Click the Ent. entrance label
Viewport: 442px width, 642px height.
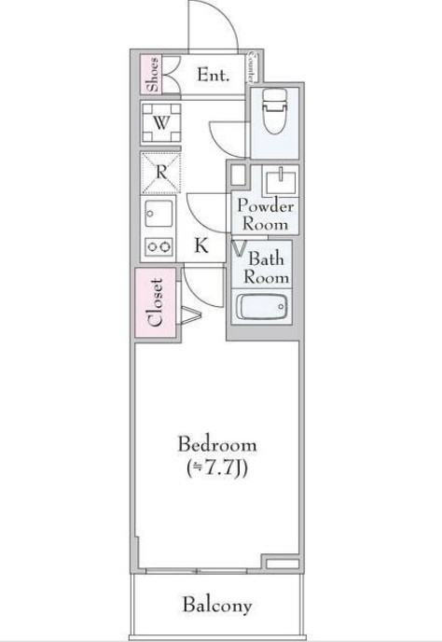pyautogui.click(x=213, y=75)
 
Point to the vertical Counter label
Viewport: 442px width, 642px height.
pyautogui.click(x=251, y=67)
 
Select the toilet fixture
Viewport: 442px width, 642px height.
pyautogui.click(x=275, y=111)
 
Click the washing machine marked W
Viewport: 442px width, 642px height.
pyautogui.click(x=161, y=122)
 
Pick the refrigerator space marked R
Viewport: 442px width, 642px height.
pyautogui.click(x=160, y=173)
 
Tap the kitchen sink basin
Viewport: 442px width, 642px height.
pyautogui.click(x=159, y=214)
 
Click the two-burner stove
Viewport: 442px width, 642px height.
pyautogui.click(x=159, y=246)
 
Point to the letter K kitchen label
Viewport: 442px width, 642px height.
pyautogui.click(x=200, y=245)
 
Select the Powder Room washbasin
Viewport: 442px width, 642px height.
pyautogui.click(x=281, y=181)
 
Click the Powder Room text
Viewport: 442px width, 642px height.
pyautogui.click(x=265, y=214)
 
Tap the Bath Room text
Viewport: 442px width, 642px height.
pyautogui.click(x=267, y=268)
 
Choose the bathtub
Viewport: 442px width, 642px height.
pyautogui.click(x=262, y=307)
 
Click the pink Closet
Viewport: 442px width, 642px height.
pyautogui.click(x=156, y=302)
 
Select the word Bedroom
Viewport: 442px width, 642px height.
pyautogui.click(x=217, y=445)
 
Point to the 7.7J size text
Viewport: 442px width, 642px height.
pyautogui.click(x=217, y=469)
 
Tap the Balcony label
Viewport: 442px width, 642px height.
pyautogui.click(x=217, y=606)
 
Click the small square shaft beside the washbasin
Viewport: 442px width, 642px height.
pyautogui.click(x=238, y=175)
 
